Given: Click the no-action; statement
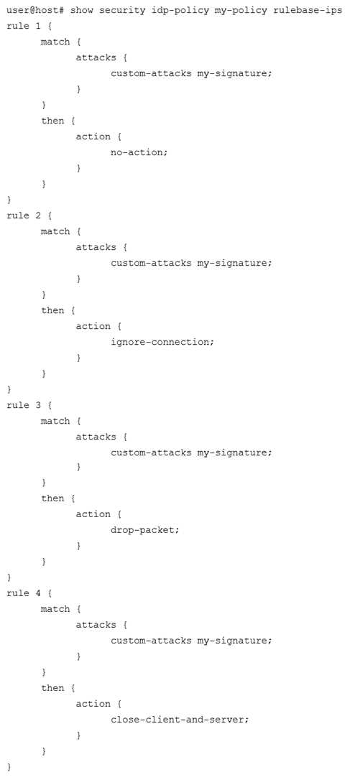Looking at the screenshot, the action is pyautogui.click(x=139, y=152).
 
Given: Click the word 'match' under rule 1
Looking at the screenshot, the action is pyautogui.click(x=55, y=42).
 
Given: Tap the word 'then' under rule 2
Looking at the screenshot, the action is pyautogui.click(x=52, y=310).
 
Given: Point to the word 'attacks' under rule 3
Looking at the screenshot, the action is pyautogui.click(x=96, y=436).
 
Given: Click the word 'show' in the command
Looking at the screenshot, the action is pyautogui.click(x=82, y=10).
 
